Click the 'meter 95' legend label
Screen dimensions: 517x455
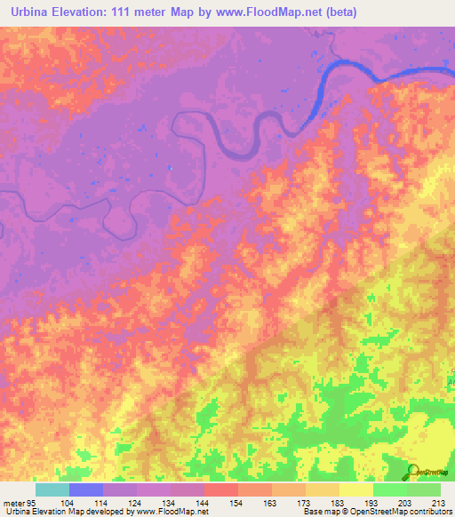(x=19, y=503)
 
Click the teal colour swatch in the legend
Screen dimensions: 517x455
(x=52, y=489)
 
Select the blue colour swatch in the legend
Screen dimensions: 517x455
(x=85, y=489)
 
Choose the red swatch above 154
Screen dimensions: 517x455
(x=220, y=489)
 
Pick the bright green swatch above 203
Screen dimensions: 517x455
(x=389, y=489)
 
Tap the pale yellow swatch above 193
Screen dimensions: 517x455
(x=355, y=489)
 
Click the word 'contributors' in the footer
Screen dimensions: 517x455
(x=431, y=513)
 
